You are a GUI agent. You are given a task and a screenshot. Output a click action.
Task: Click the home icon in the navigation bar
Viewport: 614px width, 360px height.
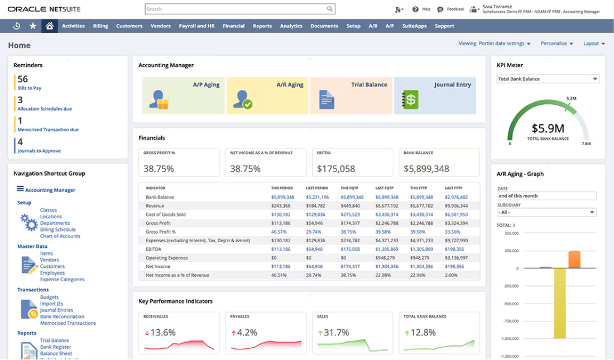coord(50,26)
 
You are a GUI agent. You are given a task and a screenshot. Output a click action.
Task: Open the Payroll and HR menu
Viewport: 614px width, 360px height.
coord(196,26)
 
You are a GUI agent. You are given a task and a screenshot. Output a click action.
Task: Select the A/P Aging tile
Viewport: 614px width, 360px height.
coord(183,95)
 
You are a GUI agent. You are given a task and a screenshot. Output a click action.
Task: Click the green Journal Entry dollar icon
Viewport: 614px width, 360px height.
coord(410,100)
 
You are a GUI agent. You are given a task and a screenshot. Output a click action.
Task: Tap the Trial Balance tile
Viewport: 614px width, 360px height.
coord(351,95)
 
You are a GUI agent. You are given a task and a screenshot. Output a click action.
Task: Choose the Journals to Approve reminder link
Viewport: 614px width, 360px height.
coord(39,151)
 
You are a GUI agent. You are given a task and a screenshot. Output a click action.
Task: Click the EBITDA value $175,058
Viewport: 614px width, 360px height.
coord(336,169)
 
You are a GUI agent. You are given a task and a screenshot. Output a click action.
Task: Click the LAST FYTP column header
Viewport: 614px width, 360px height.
coord(455,188)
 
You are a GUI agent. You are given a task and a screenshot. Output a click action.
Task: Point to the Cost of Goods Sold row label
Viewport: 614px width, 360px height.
coord(165,214)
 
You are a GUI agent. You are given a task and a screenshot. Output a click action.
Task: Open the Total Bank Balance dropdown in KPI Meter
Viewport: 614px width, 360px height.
coord(547,79)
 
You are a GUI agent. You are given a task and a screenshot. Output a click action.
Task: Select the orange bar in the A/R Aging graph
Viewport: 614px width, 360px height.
coord(574,260)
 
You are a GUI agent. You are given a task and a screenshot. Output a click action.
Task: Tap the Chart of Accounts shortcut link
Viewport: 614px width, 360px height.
coord(60,236)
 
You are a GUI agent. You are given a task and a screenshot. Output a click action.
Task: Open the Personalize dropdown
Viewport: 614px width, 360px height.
coord(557,44)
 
